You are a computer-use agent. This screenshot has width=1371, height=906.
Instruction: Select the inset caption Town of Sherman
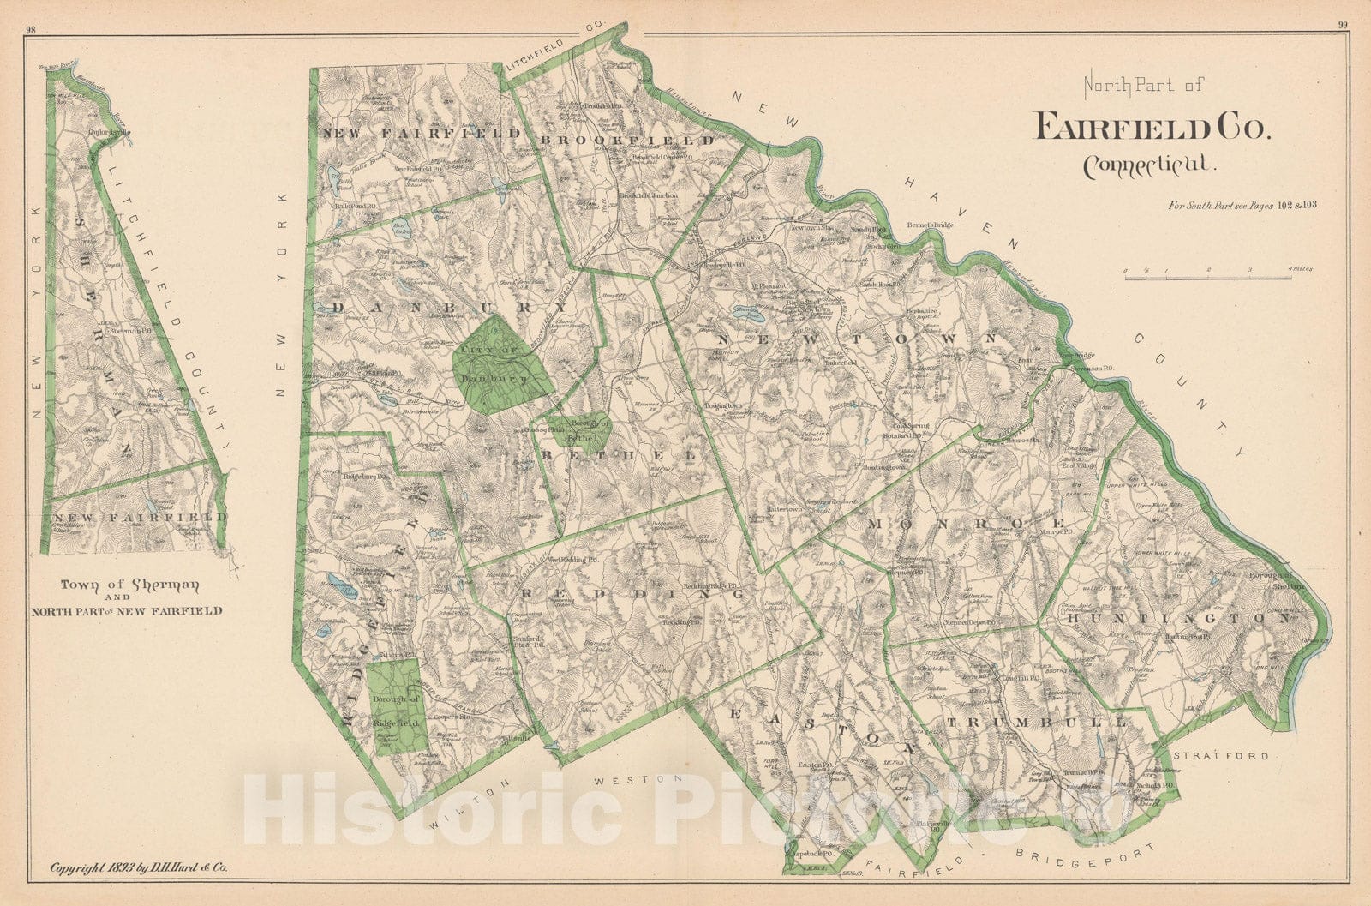[129, 585]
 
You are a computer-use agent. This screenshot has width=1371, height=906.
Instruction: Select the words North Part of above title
[1143, 85]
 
